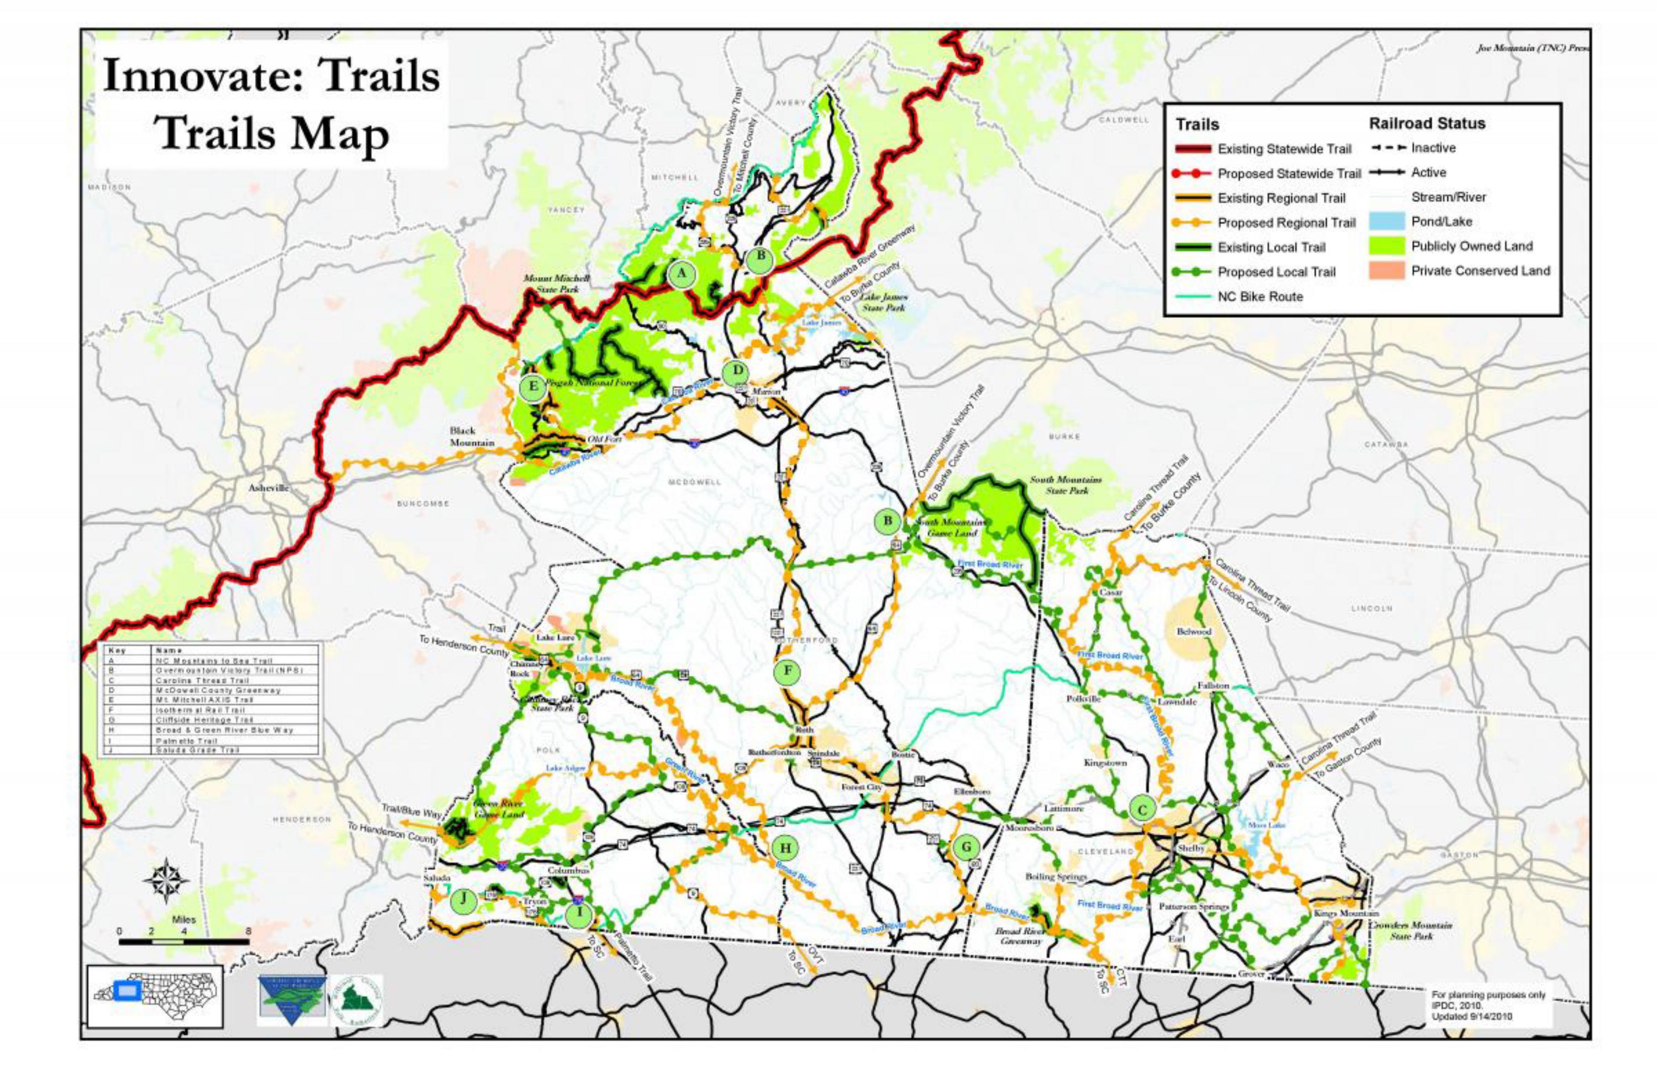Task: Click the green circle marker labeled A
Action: coord(682,273)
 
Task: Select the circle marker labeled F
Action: coord(788,671)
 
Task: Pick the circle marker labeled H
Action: coord(785,848)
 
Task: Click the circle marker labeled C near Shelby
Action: coord(1142,809)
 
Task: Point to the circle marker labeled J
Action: coord(463,900)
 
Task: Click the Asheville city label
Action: coord(268,488)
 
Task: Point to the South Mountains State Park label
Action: coord(1065,485)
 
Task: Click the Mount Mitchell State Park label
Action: coord(557,282)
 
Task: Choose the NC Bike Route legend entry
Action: coord(1260,296)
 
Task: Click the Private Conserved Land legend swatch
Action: coord(1386,271)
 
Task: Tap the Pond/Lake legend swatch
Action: coord(1386,222)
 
